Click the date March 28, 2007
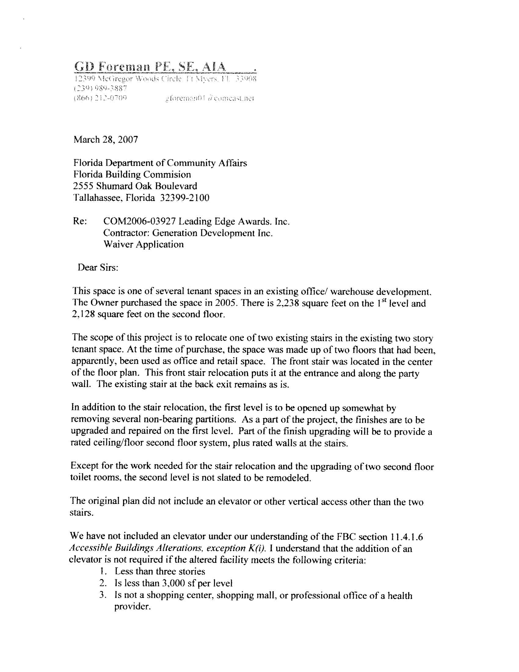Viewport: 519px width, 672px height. click(105, 140)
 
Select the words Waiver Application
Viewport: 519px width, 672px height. click(143, 244)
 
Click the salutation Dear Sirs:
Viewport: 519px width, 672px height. click(98, 267)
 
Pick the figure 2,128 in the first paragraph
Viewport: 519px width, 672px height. click(82, 315)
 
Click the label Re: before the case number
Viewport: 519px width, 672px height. click(80, 221)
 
